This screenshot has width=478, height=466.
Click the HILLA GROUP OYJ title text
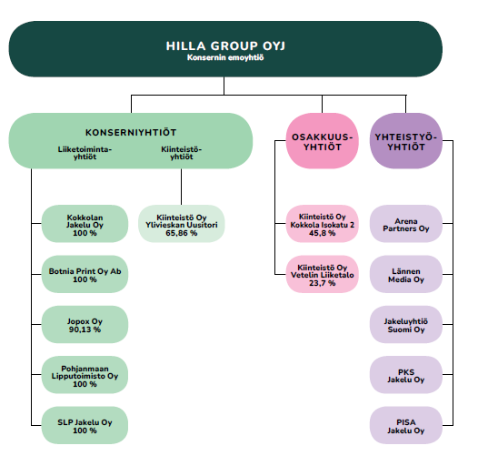[x=225, y=46]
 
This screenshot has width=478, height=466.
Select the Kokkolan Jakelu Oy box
[x=85, y=224]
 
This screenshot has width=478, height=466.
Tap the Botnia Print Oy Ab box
[x=85, y=274]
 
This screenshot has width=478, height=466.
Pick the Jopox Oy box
[x=85, y=325]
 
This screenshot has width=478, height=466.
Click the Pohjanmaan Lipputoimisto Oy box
[x=85, y=375]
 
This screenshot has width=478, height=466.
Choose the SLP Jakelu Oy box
[x=85, y=425]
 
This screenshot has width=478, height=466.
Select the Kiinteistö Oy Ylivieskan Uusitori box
[x=182, y=224]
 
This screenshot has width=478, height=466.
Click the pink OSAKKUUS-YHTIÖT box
[x=323, y=141]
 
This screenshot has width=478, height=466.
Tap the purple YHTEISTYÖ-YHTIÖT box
[x=406, y=141]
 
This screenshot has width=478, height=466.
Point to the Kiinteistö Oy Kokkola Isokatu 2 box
[x=323, y=224]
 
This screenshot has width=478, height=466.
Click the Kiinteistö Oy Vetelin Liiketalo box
[x=323, y=274]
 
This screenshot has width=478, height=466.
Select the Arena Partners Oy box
[x=406, y=224]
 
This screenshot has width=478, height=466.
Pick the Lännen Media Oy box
[x=406, y=274]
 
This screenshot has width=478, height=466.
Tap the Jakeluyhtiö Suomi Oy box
[x=406, y=325]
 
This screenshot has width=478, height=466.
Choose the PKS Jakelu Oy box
[x=406, y=375]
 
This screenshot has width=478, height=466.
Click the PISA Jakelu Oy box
[x=406, y=425]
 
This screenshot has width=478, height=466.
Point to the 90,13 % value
[x=85, y=329]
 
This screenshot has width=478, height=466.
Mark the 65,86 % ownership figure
[x=182, y=233]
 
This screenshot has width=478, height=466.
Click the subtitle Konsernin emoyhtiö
[x=225, y=57]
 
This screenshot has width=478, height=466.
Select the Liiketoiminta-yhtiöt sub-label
[x=85, y=153]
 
